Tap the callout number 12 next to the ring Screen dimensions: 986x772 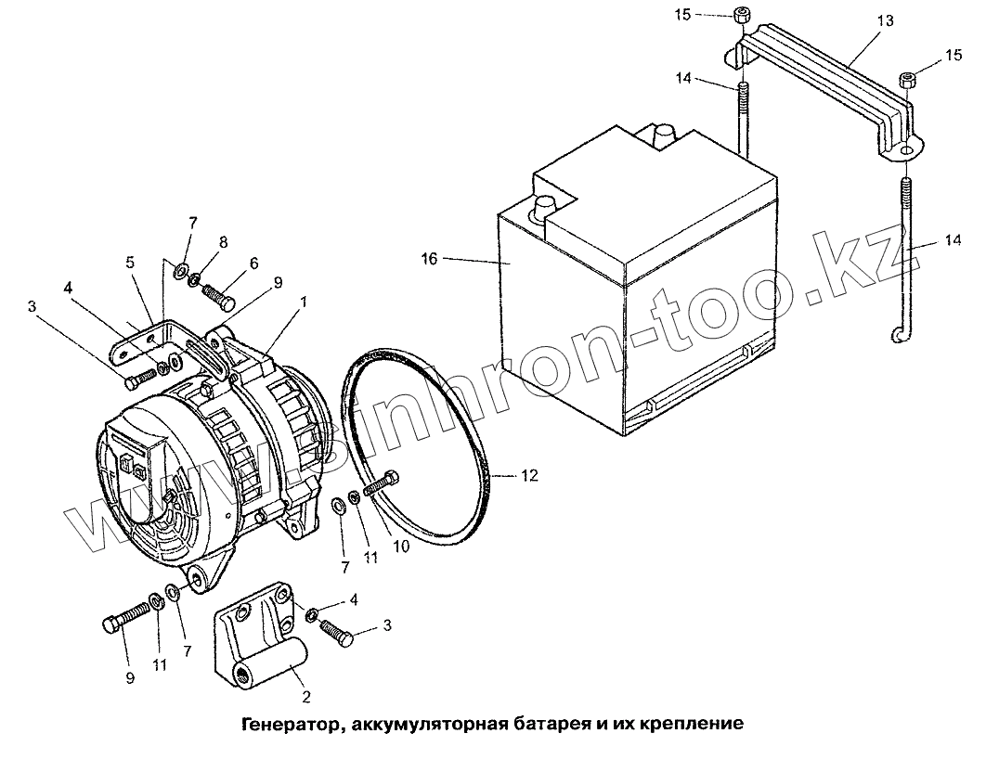click(528, 476)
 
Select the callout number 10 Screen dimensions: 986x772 click(401, 547)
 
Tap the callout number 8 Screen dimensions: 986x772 click(222, 240)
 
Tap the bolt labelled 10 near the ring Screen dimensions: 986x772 click(382, 483)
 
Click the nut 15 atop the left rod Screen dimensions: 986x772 click(743, 15)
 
